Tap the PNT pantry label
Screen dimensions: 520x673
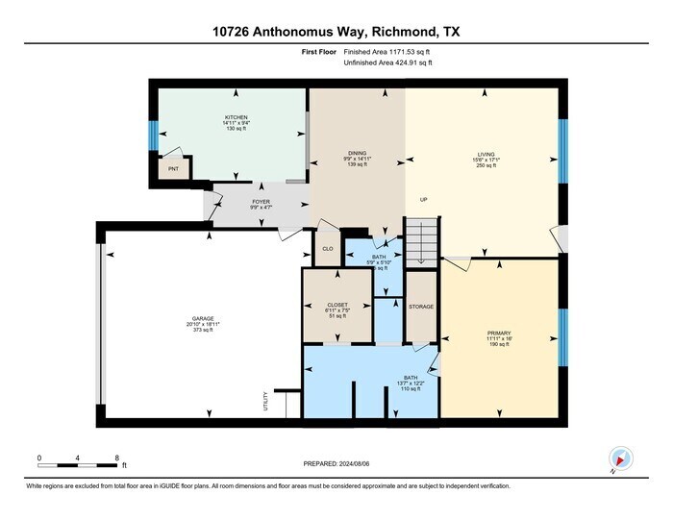173,169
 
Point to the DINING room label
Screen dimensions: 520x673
358,153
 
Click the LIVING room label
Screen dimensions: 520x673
485,153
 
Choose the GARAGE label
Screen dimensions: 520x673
202,318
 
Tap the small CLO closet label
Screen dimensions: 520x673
327,249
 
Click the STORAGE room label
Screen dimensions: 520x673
421,307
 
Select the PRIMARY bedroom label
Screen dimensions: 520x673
499,333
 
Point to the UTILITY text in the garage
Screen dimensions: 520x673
266,404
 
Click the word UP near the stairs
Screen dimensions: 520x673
423,200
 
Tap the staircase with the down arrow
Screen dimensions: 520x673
420,240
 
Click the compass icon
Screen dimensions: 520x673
621,458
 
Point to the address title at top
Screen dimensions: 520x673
336,32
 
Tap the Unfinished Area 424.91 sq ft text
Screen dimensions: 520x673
387,62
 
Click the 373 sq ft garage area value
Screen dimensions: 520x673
203,330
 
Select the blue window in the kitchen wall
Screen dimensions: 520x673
152,136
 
